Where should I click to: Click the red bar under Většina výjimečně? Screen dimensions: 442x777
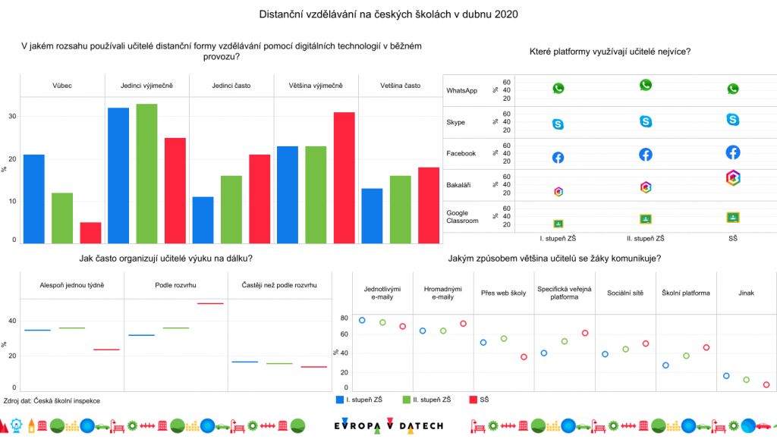pyautogui.click(x=344, y=177)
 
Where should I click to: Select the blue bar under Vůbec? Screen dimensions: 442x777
pyautogui.click(x=34, y=199)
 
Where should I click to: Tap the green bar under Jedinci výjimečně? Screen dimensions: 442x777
pyautogui.click(x=146, y=174)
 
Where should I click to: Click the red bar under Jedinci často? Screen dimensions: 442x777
pyautogui.click(x=260, y=199)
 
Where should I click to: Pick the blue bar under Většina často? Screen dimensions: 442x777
pyautogui.click(x=373, y=215)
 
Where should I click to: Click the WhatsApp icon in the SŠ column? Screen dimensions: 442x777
pyautogui.click(x=733, y=89)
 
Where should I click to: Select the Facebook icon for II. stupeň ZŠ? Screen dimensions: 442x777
pyautogui.click(x=646, y=155)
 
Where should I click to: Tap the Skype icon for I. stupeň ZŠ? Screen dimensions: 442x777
pyautogui.click(x=558, y=124)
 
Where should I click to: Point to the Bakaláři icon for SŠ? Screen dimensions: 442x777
pyautogui.click(x=733, y=177)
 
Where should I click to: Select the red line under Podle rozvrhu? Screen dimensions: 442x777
pyautogui.click(x=210, y=303)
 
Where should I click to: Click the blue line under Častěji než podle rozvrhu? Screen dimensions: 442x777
pyautogui.click(x=245, y=362)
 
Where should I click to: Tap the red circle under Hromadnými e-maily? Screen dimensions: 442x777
pyautogui.click(x=463, y=324)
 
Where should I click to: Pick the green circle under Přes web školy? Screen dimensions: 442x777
pyautogui.click(x=503, y=338)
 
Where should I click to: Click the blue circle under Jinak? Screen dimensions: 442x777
pyautogui.click(x=726, y=376)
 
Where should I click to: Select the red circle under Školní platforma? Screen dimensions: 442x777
pyautogui.click(x=706, y=347)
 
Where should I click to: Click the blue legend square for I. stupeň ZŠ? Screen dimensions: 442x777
pyautogui.click(x=339, y=399)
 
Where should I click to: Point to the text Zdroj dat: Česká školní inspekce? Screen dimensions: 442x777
pyautogui.click(x=52, y=400)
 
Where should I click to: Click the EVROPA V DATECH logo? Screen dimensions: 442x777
pyautogui.click(x=388, y=426)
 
